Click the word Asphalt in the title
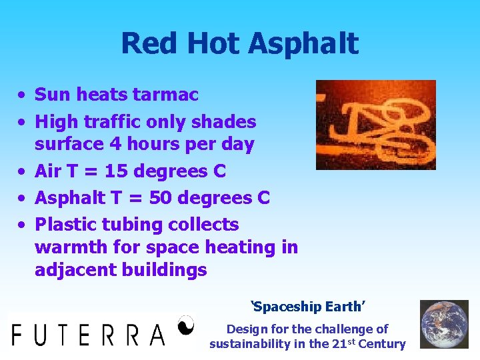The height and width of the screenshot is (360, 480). pyautogui.click(x=303, y=44)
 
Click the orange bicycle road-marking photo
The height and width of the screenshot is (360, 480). pyautogui.click(x=375, y=125)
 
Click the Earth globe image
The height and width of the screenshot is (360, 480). pyautogui.click(x=444, y=325)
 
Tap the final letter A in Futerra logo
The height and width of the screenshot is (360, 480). pyautogui.click(x=157, y=334)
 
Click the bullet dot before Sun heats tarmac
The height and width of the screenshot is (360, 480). pyautogui.click(x=22, y=95)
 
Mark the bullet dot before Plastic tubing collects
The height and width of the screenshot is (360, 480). pyautogui.click(x=22, y=225)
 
